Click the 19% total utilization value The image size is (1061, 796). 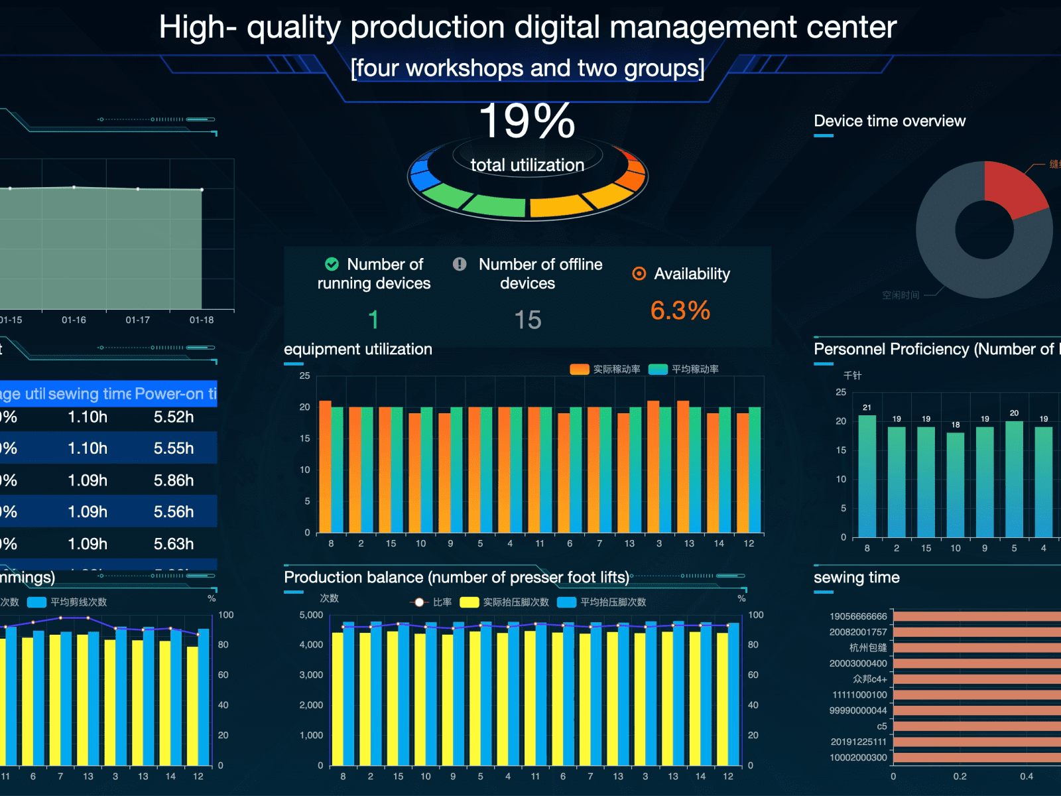tap(527, 121)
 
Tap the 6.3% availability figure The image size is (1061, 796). tap(680, 310)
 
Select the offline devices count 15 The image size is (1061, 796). tap(528, 320)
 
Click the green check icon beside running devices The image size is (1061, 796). tap(332, 264)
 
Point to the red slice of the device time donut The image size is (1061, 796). tap(1013, 187)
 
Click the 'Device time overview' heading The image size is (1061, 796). tap(889, 121)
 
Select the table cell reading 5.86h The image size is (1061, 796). tap(174, 480)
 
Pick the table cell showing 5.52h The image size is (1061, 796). tap(174, 417)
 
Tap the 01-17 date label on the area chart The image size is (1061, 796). tap(138, 320)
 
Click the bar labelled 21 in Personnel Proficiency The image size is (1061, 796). tap(867, 475)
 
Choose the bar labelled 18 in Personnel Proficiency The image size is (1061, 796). tap(955, 484)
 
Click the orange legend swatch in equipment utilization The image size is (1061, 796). tap(579, 369)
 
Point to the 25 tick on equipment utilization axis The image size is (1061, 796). tap(304, 375)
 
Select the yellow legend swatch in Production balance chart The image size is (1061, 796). tap(469, 602)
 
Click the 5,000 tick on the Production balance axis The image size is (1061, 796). tap(311, 615)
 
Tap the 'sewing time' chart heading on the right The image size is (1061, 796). tap(856, 577)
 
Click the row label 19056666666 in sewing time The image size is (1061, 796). tap(857, 616)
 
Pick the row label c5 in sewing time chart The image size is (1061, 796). tap(881, 726)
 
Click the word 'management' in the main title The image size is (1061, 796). tap(703, 27)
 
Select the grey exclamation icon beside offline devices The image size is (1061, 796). tap(460, 264)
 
